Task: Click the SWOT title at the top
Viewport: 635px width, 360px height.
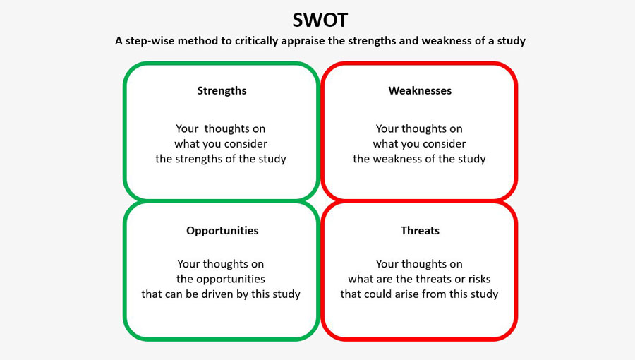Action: [x=320, y=20]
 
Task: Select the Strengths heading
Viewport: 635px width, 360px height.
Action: [x=222, y=91]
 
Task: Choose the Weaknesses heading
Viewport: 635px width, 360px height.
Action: [x=420, y=91]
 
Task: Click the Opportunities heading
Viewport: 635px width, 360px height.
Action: [x=222, y=231]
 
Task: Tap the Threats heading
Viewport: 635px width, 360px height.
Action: [x=420, y=230]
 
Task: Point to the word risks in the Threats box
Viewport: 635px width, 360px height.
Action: [x=479, y=279]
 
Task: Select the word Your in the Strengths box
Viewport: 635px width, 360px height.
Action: [x=187, y=128]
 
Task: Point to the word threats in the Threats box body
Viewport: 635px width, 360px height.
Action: [x=434, y=279]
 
